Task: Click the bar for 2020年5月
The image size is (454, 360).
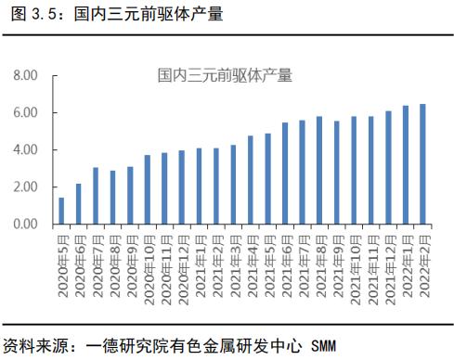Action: [x=61, y=211]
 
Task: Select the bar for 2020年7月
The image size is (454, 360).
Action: [x=96, y=196]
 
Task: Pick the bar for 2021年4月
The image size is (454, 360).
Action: [x=250, y=180]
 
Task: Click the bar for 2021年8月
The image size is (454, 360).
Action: [x=319, y=170]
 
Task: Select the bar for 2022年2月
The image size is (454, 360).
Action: [x=422, y=164]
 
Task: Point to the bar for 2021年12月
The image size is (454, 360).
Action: [x=388, y=168]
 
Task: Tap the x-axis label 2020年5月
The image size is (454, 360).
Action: [x=62, y=263]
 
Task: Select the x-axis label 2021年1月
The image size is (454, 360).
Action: [x=200, y=263]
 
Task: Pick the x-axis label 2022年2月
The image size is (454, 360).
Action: [x=423, y=263]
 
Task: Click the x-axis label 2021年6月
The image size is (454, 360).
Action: [x=286, y=263]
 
